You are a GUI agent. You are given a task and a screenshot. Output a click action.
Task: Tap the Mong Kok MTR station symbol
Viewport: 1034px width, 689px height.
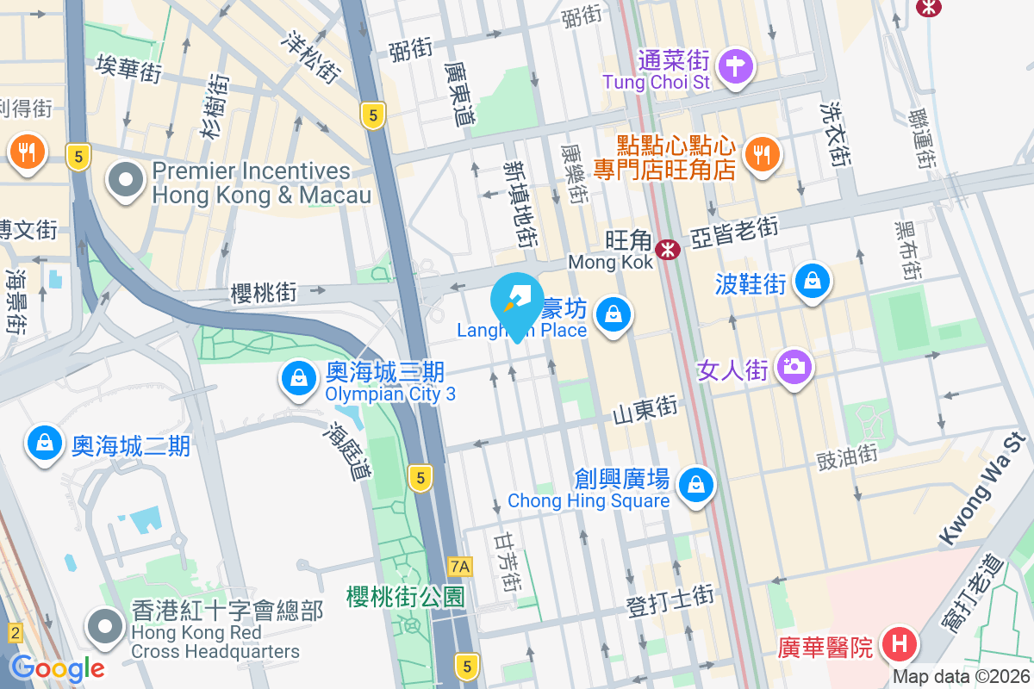667,250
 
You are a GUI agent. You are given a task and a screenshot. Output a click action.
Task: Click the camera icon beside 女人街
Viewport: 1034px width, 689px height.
794,367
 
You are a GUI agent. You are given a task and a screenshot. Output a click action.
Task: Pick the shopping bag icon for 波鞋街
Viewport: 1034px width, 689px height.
813,280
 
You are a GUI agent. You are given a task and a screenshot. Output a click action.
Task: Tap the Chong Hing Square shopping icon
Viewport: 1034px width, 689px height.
695,485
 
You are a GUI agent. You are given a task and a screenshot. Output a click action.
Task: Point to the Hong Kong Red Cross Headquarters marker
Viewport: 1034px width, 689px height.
107,626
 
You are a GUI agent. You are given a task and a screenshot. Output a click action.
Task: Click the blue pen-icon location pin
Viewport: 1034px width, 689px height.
517,302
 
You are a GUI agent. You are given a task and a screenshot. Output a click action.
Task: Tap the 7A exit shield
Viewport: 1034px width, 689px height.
461,566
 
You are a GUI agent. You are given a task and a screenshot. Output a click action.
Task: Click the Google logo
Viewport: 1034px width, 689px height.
57,667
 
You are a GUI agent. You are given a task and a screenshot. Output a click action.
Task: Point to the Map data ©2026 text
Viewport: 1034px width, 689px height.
960,677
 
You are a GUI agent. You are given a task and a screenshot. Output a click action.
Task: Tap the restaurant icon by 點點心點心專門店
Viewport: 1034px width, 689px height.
761,154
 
